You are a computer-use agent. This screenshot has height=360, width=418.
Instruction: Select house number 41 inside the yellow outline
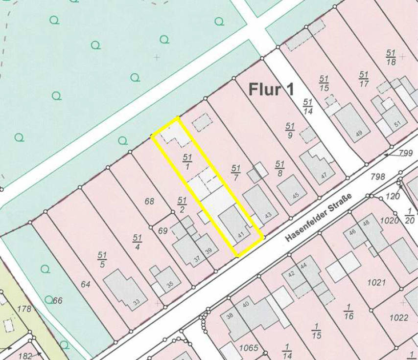[x=240, y=235]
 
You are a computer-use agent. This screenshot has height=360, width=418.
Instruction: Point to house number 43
[x=268, y=215]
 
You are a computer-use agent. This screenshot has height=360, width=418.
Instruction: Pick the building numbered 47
[x=324, y=175]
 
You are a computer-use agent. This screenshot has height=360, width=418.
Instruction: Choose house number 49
[x=359, y=134]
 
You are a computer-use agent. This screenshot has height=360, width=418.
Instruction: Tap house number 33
[x=136, y=302]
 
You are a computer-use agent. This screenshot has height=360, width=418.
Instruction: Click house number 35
[x=170, y=285]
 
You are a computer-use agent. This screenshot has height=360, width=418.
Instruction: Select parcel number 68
[x=149, y=201]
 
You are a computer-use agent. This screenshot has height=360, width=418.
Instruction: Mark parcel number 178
[x=24, y=309]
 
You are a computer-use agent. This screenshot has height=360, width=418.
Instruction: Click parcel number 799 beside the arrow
[x=406, y=153]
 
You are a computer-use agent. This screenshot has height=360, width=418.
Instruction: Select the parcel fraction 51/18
[x=391, y=57]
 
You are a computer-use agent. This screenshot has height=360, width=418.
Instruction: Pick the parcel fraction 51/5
[x=102, y=259]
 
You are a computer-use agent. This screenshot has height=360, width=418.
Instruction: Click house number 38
[x=229, y=316]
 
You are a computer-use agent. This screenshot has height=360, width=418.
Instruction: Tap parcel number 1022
[x=398, y=317]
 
